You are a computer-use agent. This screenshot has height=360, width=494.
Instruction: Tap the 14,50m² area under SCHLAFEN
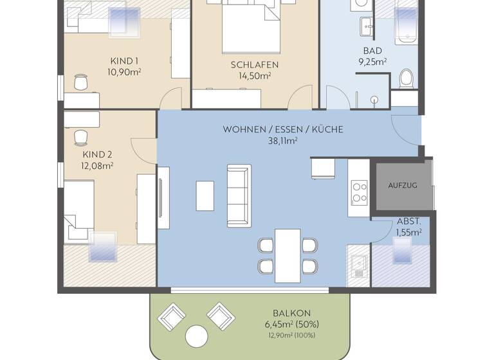[254, 75]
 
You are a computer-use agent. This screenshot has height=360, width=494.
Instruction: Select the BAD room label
[372, 51]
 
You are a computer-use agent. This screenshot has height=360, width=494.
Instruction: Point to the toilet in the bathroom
[406, 79]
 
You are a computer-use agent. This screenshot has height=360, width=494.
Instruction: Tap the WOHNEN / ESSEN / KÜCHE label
[283, 129]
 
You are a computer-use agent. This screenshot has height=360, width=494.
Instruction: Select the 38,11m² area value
[283, 141]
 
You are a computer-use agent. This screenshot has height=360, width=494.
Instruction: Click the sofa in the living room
[239, 192]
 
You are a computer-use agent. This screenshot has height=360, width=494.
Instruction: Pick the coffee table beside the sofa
[205, 195]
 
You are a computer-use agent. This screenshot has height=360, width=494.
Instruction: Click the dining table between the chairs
[288, 255]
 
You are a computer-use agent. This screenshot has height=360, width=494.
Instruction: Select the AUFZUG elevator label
[403, 185]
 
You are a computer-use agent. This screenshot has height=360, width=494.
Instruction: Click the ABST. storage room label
[409, 221]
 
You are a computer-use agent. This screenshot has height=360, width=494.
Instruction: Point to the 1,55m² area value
[409, 231]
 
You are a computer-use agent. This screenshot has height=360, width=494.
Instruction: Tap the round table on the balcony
[197, 336]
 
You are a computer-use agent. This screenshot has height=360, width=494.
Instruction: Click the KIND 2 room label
[97, 154]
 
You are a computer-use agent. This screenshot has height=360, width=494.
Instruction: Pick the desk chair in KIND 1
[81, 82]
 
